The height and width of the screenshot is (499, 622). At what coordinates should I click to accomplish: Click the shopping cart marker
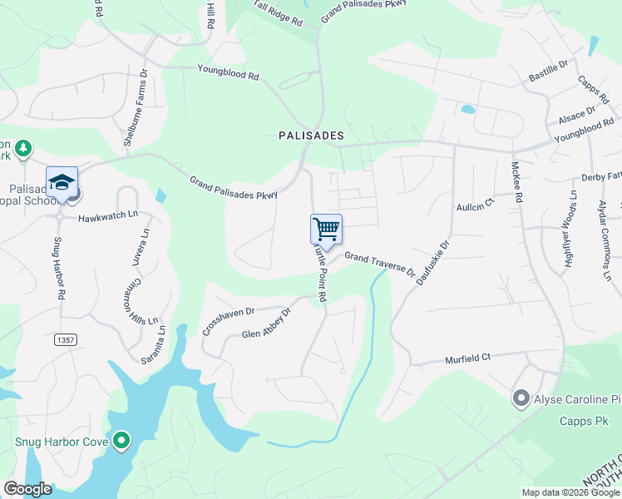click(326, 230)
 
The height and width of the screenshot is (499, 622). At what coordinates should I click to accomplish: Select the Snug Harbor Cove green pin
click(122, 440)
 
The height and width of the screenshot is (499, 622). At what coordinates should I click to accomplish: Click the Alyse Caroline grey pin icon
click(521, 398)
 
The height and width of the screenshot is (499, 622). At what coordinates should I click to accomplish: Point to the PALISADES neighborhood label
click(311, 135)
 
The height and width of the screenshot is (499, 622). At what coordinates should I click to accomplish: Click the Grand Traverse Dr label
click(380, 264)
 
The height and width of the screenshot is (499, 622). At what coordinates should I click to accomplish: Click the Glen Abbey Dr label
click(266, 324)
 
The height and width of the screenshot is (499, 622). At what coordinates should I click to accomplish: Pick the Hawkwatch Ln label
click(106, 219)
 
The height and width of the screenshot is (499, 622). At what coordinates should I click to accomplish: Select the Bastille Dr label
click(548, 71)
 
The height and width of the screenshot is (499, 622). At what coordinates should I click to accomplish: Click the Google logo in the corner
click(27, 489)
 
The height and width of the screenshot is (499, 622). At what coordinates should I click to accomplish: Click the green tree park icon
click(24, 148)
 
